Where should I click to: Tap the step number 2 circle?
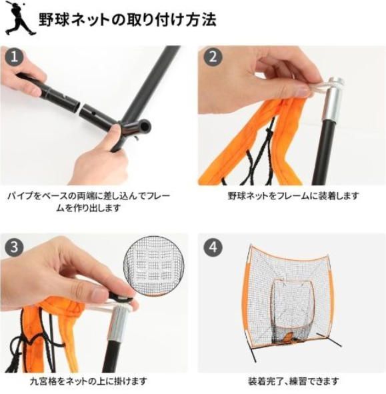click(213, 56)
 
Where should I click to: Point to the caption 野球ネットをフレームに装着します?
click(293, 196)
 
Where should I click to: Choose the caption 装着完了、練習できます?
click(293, 381)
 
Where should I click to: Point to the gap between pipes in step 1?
click(81, 105)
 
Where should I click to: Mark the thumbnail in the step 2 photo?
click(303, 91)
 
